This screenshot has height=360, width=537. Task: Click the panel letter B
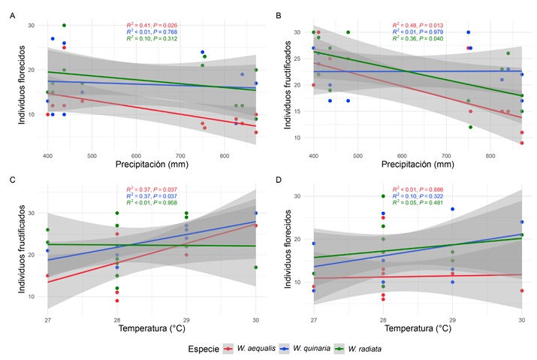279,15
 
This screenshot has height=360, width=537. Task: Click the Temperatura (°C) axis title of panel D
418,329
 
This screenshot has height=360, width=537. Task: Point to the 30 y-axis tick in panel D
303,196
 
